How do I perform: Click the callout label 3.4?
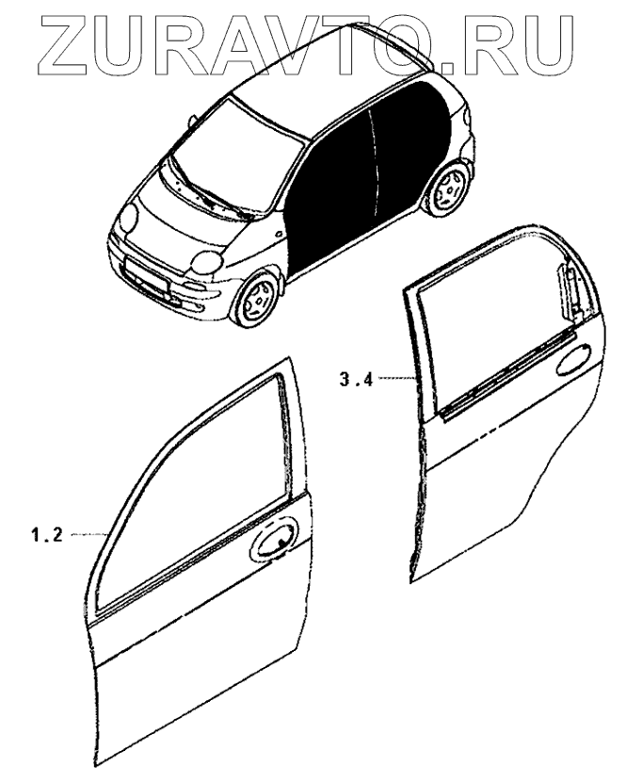(357, 380)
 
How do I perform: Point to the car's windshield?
(240, 142)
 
